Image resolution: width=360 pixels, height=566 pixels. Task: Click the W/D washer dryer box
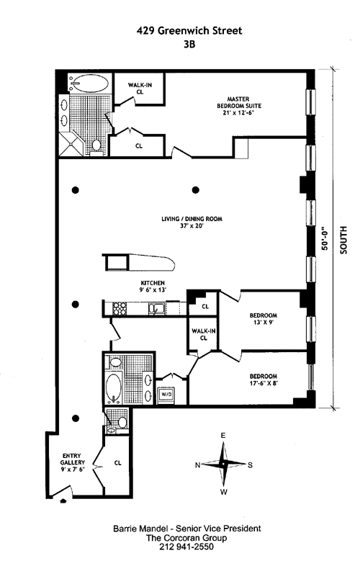[x=166, y=394]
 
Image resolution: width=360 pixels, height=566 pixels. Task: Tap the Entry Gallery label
[x=72, y=462]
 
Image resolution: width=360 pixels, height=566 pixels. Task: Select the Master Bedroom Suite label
[x=238, y=106]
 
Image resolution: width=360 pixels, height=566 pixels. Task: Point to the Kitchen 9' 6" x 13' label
[x=153, y=287]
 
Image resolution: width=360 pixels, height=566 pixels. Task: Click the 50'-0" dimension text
[x=325, y=238]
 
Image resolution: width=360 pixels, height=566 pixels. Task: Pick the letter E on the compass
[x=223, y=436]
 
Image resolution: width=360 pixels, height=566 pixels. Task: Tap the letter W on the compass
[x=224, y=492]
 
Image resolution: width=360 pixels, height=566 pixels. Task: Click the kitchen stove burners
[x=120, y=309]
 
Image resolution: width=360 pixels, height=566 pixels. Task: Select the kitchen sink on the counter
[x=157, y=309]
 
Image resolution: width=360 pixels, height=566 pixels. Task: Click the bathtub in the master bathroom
[x=89, y=84]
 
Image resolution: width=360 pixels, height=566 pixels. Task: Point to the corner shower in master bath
[x=71, y=144]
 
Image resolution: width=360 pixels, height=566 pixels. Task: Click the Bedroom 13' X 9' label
[x=264, y=319]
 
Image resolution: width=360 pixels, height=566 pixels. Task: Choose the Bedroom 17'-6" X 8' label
[x=264, y=379]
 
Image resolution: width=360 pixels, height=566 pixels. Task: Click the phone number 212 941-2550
[x=186, y=547]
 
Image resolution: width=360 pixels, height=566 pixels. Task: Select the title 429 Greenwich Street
[x=189, y=31]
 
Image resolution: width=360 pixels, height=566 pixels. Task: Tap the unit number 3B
[x=189, y=44]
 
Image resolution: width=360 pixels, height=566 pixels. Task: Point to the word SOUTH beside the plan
[x=343, y=240]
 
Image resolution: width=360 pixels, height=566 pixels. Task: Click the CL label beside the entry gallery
[x=117, y=463]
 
